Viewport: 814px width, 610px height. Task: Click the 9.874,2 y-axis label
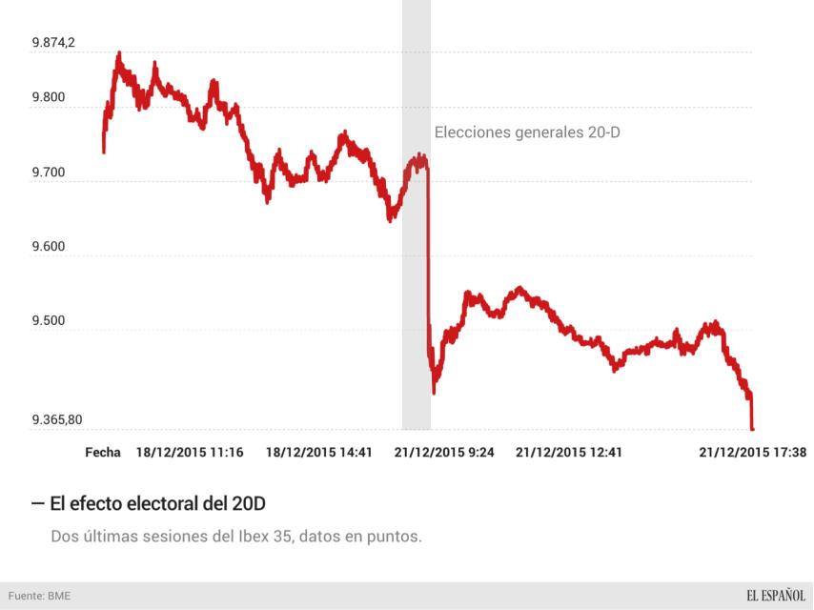pos(53,43)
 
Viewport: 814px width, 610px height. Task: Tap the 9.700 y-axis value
pos(49,173)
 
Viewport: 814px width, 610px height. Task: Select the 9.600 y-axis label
pos(49,247)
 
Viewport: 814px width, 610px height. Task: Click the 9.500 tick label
pos(49,321)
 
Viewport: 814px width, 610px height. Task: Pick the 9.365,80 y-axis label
pos(57,419)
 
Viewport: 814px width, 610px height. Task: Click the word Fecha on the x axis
pos(103,453)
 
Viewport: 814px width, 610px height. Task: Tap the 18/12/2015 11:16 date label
pos(190,453)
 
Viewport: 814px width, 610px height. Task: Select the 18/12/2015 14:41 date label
pos(318,453)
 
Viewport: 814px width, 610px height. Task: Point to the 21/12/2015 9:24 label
pos(444,453)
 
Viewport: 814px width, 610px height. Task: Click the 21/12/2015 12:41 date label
pos(569,453)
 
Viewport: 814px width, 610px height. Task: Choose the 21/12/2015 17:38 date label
pos(753,453)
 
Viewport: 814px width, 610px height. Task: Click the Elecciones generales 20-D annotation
pos(527,132)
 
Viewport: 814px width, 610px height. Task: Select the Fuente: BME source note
pos(39,596)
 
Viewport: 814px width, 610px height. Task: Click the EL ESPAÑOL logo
pos(776,596)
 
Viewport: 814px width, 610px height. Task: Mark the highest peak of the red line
pos(118,53)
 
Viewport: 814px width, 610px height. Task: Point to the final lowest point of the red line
pos(752,429)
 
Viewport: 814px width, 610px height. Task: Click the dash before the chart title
pos(37,502)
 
